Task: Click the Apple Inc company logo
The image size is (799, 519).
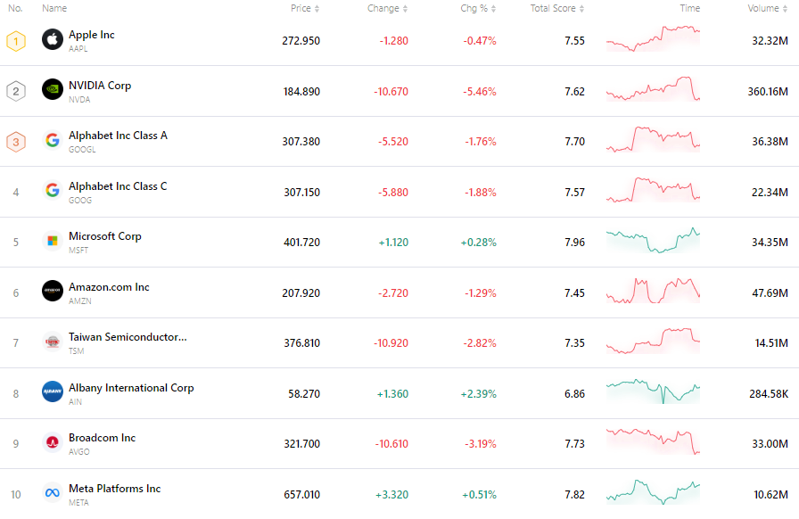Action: tap(53, 39)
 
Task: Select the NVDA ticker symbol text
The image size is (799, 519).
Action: tap(79, 99)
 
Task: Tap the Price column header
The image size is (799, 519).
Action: tap(301, 8)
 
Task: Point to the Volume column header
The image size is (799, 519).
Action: tap(763, 8)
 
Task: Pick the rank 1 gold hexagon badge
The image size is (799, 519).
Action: tap(16, 40)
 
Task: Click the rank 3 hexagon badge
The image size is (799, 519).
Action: tap(16, 141)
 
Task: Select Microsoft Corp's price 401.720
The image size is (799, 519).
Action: tap(301, 242)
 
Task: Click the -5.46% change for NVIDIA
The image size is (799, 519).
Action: tap(479, 91)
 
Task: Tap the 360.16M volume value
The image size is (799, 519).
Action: tap(767, 91)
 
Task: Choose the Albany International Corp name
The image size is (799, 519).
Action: tap(131, 388)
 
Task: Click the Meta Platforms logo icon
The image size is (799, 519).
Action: tap(53, 493)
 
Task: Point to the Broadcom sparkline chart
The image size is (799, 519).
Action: tap(653, 442)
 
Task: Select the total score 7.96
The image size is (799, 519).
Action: tap(574, 242)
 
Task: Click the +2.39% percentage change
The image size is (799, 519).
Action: tap(478, 393)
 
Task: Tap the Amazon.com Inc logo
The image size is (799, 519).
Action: tap(53, 292)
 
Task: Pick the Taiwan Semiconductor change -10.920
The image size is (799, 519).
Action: tap(389, 342)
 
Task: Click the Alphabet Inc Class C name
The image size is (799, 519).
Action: tap(118, 186)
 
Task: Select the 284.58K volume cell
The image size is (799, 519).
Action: tap(767, 393)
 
